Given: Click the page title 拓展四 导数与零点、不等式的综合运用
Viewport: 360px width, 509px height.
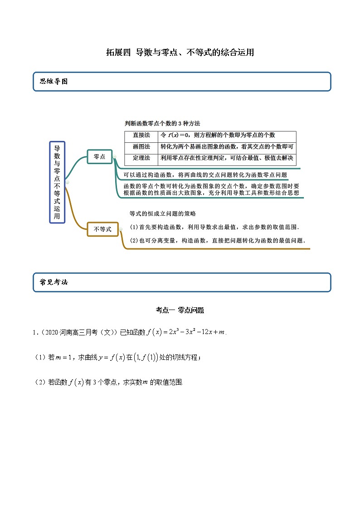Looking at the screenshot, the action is (x=180, y=53).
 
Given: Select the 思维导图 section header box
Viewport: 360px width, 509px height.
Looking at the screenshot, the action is (x=182, y=82).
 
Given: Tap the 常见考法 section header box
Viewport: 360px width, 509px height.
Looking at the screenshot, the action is (x=182, y=282).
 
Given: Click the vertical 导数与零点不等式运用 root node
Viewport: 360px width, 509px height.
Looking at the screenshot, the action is (x=57, y=182).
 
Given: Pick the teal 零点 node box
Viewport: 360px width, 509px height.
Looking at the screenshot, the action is (x=99, y=156).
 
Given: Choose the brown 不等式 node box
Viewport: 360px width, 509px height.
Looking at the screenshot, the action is (x=102, y=229).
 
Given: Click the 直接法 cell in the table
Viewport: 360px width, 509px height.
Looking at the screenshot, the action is (x=141, y=136).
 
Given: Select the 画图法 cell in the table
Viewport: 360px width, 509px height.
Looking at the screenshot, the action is (x=141, y=147).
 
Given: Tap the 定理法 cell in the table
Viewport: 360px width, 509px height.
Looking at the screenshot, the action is (x=141, y=158).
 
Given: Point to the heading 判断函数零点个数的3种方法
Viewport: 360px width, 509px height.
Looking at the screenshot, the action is (x=162, y=123).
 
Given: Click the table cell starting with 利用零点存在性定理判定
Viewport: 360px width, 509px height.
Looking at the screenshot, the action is (x=227, y=158).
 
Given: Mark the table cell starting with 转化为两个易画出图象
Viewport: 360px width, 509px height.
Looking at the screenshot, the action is (x=227, y=147).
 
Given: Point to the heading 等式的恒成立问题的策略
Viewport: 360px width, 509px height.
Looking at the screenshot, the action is (x=162, y=213).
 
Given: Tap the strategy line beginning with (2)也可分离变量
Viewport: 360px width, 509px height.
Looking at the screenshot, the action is (x=217, y=241).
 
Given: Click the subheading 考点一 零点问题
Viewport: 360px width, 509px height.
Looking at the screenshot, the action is (x=180, y=310).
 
